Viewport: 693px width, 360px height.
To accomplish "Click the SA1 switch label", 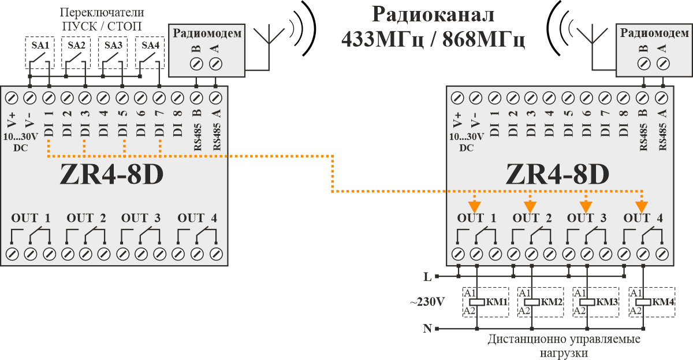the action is [x=40, y=45].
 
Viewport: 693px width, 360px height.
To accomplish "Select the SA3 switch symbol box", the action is [x=113, y=53].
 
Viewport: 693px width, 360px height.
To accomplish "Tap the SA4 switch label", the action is [x=150, y=45].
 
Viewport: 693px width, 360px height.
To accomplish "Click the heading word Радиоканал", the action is [x=433, y=14].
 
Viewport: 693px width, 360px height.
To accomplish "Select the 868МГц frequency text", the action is [x=483, y=40].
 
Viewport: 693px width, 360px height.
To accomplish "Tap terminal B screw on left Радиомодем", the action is [x=196, y=64].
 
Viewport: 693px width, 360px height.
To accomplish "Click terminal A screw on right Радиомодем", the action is [x=663, y=64].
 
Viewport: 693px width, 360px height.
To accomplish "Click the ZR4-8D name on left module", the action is [x=111, y=175].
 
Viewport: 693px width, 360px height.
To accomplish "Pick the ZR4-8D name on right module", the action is [x=557, y=175].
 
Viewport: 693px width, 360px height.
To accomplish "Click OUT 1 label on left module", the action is [x=31, y=218].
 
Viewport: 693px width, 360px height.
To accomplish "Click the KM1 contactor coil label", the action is [x=497, y=302].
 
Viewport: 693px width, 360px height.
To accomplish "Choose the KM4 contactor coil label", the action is [x=664, y=302].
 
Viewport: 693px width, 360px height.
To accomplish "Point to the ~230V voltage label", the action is [x=427, y=302].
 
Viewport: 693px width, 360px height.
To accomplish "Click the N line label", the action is [x=427, y=328].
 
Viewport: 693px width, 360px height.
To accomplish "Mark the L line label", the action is [x=427, y=277].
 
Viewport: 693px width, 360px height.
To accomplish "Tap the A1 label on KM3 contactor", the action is [x=579, y=293].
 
